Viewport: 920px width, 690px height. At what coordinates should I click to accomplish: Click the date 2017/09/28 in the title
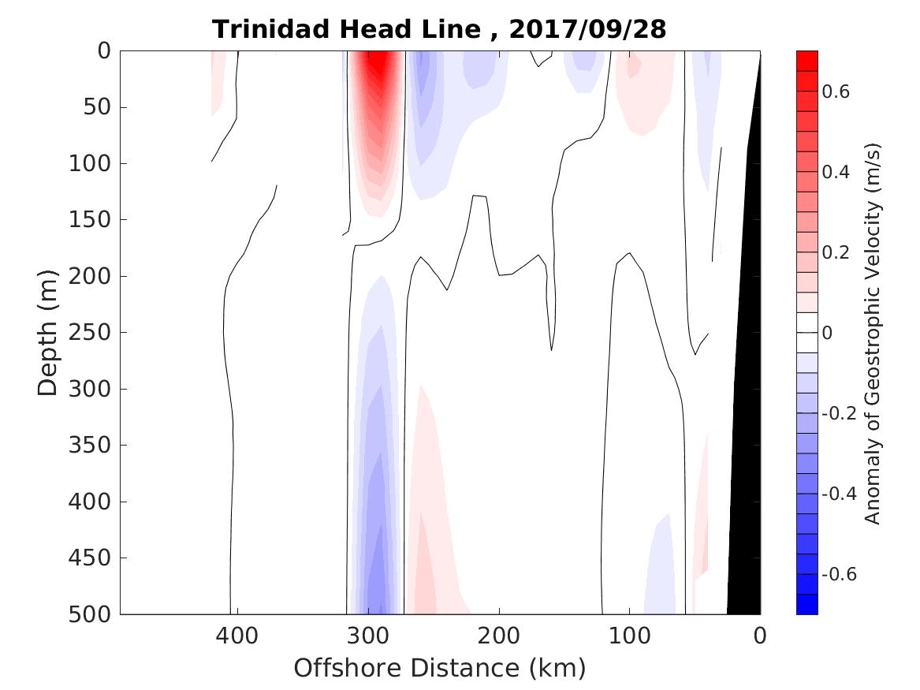[588, 29]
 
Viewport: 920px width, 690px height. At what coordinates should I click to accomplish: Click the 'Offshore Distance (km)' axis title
[440, 669]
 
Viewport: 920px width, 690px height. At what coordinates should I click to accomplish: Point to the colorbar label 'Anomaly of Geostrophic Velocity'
[872, 332]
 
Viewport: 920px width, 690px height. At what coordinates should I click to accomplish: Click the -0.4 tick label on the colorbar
[839, 494]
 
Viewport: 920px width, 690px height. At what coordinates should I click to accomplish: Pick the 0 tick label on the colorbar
[827, 333]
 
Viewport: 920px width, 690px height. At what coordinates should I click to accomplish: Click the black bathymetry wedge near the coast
[746, 473]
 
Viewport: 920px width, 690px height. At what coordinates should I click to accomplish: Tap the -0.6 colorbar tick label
[839, 574]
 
